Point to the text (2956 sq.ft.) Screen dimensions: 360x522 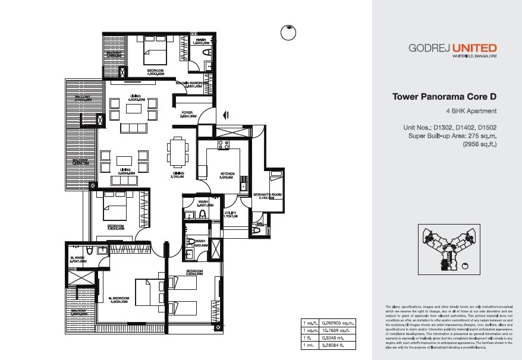point(479,143)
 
